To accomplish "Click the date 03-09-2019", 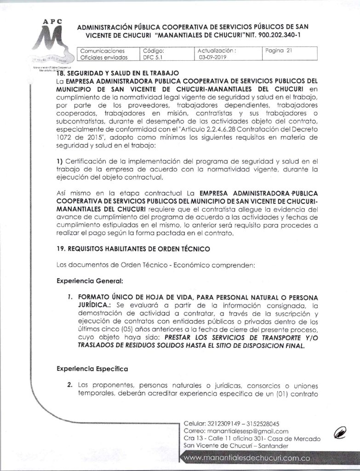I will tap(211, 58).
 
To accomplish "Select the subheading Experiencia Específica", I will tap(92, 368).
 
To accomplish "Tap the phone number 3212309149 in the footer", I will tap(217, 423).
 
